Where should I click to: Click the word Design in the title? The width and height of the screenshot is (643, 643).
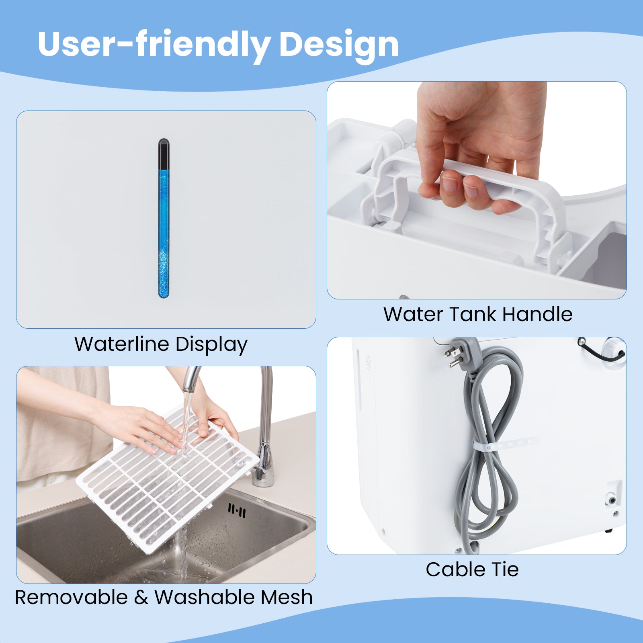[x=339, y=44]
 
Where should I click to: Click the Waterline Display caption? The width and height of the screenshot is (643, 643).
[x=161, y=344]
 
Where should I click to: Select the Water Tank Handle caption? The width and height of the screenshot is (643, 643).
[x=478, y=314]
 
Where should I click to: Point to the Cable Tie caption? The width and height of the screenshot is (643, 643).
[x=472, y=569]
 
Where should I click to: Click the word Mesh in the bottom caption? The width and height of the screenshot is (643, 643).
[x=287, y=597]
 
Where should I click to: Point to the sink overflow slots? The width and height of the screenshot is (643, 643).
[x=237, y=511]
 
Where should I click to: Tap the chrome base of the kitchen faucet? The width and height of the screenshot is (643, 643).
[x=263, y=466]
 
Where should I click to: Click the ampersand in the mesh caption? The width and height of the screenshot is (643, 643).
[x=141, y=598]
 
